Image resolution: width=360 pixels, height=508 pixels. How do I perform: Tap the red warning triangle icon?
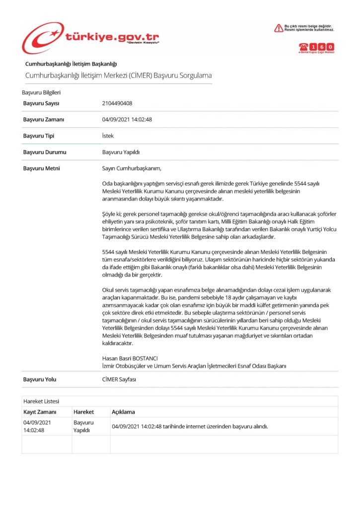click(x=279, y=28)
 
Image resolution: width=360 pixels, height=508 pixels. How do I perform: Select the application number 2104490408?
click(x=117, y=103)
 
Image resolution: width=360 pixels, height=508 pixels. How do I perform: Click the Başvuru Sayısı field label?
click(x=41, y=103)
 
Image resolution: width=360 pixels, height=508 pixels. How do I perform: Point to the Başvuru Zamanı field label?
click(x=43, y=120)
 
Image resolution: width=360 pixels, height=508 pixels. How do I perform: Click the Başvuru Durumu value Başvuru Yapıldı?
click(x=121, y=152)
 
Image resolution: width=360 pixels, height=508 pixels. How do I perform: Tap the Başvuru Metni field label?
click(x=42, y=169)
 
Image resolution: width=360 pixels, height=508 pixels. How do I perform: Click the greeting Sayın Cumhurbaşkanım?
click(x=132, y=169)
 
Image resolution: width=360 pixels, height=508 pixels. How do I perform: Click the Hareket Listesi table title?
click(x=41, y=401)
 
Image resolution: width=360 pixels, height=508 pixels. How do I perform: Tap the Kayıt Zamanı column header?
click(x=40, y=412)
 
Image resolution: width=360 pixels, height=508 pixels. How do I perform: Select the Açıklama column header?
click(x=123, y=412)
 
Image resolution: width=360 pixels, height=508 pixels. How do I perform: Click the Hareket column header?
click(x=84, y=412)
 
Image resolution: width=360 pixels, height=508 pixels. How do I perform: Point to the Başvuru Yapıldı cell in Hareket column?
click(x=83, y=426)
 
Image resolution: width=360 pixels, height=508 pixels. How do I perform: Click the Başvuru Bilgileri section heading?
click(x=41, y=92)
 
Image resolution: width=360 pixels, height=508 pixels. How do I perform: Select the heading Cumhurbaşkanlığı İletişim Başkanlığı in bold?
click(x=71, y=63)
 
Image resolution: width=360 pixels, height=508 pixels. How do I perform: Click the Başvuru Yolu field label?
click(x=40, y=380)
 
